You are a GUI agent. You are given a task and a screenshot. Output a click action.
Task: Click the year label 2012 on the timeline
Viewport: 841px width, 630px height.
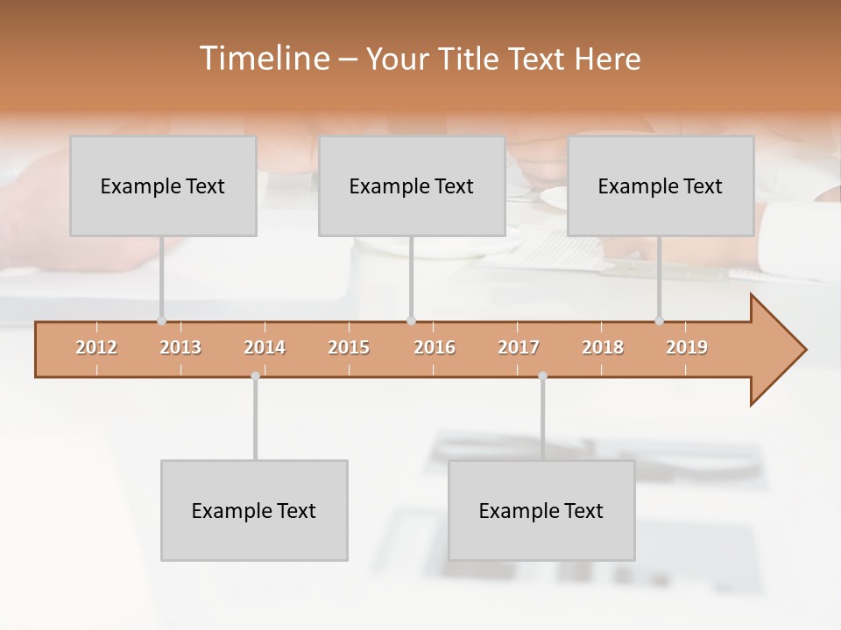pyautogui.click(x=96, y=347)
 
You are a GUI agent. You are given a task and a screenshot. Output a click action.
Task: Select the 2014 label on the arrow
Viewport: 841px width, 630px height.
pyautogui.click(x=265, y=347)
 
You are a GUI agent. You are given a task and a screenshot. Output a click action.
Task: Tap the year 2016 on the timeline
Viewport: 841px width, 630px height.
pyautogui.click(x=435, y=347)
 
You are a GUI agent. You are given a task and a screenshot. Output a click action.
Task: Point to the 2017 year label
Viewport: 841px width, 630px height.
pyautogui.click(x=519, y=347)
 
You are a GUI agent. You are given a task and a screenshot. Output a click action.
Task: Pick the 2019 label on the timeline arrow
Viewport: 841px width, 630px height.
pyautogui.click(x=687, y=347)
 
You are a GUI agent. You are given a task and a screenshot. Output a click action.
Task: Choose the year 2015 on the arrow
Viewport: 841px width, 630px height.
pyautogui.click(x=349, y=347)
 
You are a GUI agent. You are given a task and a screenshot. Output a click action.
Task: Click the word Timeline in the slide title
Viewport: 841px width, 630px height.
pyautogui.click(x=263, y=59)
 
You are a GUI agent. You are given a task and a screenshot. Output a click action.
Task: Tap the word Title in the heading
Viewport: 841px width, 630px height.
pyautogui.click(x=471, y=59)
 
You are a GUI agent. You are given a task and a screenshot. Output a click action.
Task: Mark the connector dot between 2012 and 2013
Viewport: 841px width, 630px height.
pyautogui.click(x=161, y=320)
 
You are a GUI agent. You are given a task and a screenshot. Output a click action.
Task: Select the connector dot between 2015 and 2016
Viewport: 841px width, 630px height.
pyautogui.click(x=411, y=320)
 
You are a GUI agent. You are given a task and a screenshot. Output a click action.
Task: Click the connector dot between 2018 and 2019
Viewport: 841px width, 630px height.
pyautogui.click(x=659, y=320)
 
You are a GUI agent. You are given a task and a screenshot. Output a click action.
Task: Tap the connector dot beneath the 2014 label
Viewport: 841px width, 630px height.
pyautogui.click(x=255, y=375)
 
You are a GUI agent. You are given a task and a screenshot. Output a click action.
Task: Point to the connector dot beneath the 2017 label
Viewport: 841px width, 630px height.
pyautogui.click(x=542, y=375)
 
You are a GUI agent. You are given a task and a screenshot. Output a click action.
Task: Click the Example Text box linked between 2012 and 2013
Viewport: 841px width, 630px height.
pyautogui.click(x=163, y=185)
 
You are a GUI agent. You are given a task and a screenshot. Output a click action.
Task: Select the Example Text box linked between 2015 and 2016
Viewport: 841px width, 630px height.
pyautogui.click(x=412, y=185)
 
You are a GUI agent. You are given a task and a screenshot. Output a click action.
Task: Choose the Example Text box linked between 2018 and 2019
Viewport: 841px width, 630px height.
pyautogui.click(x=661, y=185)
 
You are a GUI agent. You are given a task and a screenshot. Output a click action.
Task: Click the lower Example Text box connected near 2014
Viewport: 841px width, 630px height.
pyautogui.click(x=254, y=510)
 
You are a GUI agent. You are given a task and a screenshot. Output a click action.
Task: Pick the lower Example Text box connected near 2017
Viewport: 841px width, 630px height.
pyautogui.click(x=541, y=510)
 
